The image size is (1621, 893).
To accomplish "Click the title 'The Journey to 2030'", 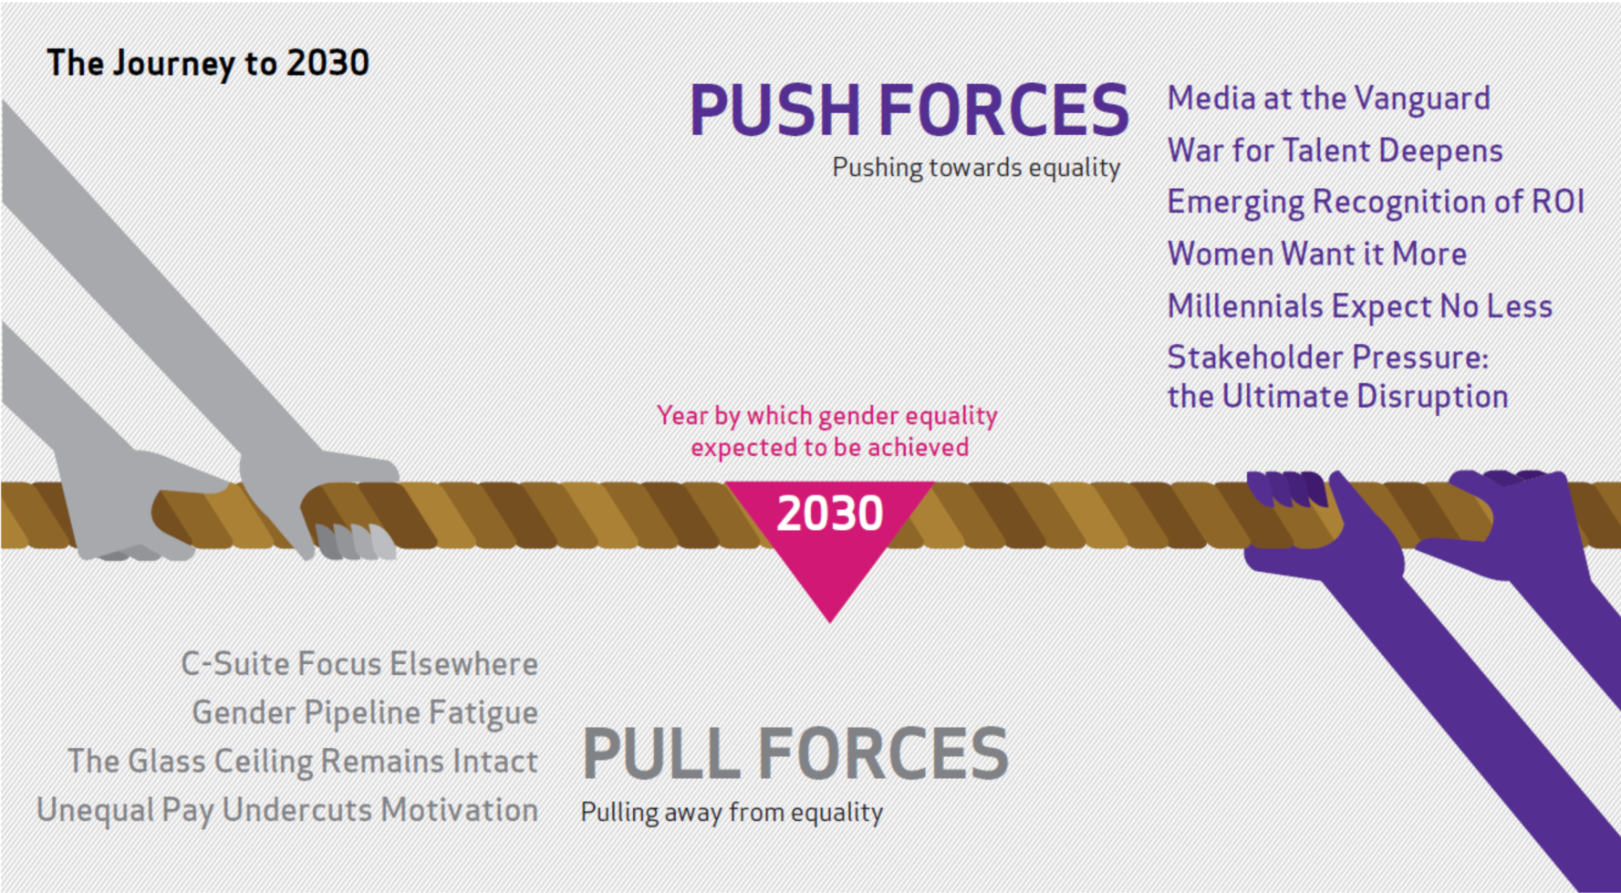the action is (208, 64).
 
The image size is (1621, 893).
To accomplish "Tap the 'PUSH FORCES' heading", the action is (909, 110).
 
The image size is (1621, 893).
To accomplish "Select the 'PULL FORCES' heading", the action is (795, 754).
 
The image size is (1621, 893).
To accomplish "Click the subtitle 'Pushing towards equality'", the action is (976, 169).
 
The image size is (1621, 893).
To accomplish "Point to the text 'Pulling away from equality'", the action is (732, 813).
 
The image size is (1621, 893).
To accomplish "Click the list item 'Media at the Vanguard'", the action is (1329, 99).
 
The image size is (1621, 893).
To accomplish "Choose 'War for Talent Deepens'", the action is (1335, 151).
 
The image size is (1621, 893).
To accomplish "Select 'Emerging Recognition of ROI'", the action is (1377, 202).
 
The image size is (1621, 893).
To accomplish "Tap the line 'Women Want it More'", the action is (1317, 254).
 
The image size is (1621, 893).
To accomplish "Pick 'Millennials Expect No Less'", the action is (1360, 306).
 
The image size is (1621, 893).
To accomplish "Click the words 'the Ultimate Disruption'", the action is (1338, 397).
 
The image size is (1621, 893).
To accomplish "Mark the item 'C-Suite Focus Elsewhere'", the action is (359, 664).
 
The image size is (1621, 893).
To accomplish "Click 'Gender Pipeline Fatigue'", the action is (365, 713).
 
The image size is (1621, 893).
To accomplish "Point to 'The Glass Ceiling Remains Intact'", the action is (303, 762).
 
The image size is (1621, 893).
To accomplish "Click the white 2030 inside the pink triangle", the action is (830, 514).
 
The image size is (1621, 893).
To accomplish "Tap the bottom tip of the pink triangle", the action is (829, 623).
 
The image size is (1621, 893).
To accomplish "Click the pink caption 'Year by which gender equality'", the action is (827, 416).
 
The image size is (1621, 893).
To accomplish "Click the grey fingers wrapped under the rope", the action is (355, 541).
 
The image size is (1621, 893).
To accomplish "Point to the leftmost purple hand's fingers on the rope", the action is (1287, 488).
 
